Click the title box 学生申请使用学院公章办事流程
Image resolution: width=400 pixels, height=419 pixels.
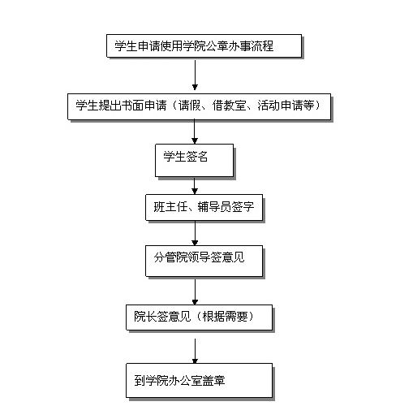tap(204, 45)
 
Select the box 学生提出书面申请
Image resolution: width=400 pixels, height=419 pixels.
tap(199, 106)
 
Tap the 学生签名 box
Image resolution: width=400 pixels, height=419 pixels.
tap(194, 160)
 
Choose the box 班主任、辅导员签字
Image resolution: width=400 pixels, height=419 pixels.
tap(204, 207)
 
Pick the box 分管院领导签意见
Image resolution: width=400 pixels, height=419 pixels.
tap(204, 261)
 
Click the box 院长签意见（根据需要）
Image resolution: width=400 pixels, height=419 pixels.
tap(199, 317)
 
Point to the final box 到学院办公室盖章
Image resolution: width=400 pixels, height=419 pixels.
tap(199, 380)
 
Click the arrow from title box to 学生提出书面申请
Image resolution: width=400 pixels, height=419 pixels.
tap(195, 75)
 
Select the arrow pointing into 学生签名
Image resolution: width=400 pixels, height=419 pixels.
tap(195, 132)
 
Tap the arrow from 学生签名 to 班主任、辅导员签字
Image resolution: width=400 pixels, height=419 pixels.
tap(195, 186)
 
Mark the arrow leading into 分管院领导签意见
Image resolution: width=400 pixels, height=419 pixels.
tap(195, 233)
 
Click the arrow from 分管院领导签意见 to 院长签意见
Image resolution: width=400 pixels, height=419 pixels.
tap(195, 292)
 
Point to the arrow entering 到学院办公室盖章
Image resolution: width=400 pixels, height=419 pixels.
tap(195, 351)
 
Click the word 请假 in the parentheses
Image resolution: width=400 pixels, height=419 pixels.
tap(189, 106)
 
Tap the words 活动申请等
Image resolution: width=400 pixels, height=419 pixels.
tap(286, 106)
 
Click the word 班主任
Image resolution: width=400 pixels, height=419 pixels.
tap(170, 207)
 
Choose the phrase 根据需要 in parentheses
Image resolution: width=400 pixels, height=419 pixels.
tap(225, 316)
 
